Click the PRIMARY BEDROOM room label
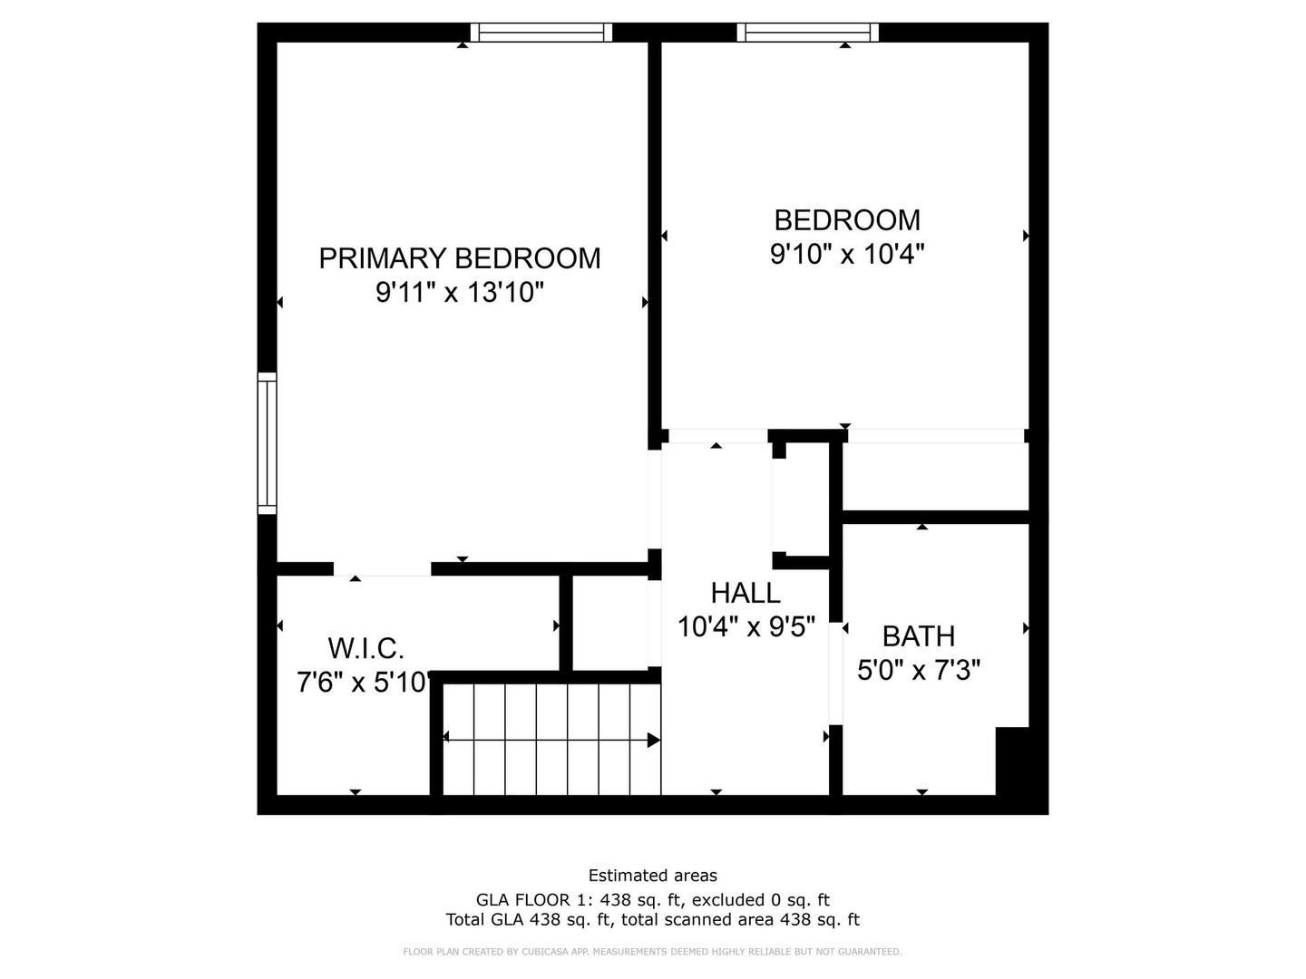click(x=459, y=258)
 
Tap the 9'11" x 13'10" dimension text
click(x=459, y=293)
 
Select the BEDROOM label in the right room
click(x=846, y=220)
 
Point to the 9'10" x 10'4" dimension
click(x=846, y=255)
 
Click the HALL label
click(x=745, y=593)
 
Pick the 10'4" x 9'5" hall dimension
click(x=746, y=626)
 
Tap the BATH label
click(x=918, y=636)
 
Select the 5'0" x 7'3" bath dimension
click(x=918, y=671)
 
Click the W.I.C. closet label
click(x=365, y=648)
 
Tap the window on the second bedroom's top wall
click(x=807, y=33)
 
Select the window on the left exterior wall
click(x=267, y=443)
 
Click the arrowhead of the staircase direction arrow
click(x=653, y=740)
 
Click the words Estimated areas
click(x=652, y=876)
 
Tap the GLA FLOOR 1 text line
click(x=652, y=900)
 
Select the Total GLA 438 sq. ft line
click(x=652, y=920)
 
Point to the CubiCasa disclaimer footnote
click(x=652, y=952)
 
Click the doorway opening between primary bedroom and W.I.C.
click(x=382, y=569)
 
